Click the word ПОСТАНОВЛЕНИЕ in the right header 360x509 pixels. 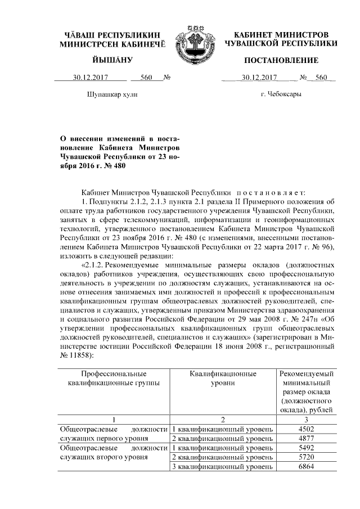tap(281, 60)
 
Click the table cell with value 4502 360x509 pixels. tap(306, 429)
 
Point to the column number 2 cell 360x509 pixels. tap(223, 419)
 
